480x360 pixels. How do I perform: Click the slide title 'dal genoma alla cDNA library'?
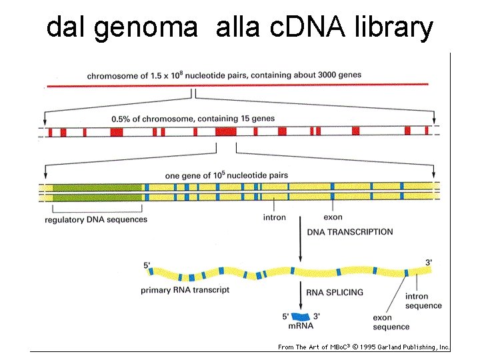click(240, 28)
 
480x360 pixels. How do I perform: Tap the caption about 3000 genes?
click(224, 75)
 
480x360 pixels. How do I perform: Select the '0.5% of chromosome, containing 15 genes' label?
click(193, 119)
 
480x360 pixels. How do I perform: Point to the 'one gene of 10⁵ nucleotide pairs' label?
click(226, 175)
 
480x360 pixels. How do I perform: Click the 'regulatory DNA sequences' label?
click(96, 219)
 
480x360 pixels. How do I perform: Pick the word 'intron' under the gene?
click(274, 217)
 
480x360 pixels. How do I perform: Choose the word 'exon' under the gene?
click(333, 217)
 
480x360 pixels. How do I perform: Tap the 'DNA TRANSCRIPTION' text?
click(350, 232)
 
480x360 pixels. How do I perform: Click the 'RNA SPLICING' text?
click(335, 292)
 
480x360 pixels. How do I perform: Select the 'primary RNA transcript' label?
click(185, 291)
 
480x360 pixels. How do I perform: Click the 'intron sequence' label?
click(423, 301)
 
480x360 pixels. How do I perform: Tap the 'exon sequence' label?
click(391, 323)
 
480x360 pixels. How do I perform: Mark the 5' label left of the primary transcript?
click(147, 266)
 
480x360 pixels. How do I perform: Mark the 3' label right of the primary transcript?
click(429, 263)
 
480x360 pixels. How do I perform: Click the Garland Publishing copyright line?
click(364, 347)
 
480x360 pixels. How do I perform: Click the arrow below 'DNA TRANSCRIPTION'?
click(299, 250)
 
